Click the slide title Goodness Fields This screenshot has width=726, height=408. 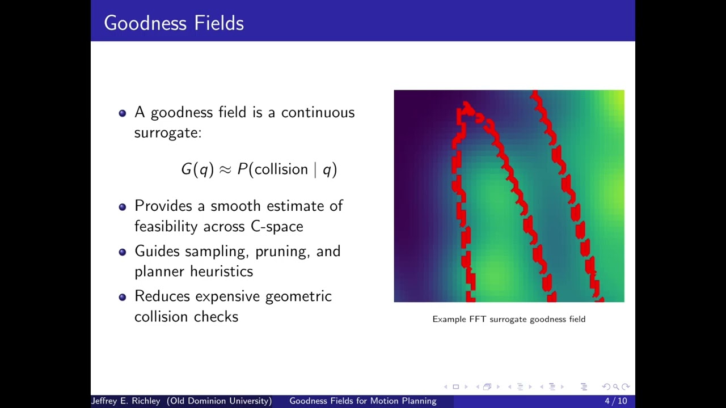(x=174, y=23)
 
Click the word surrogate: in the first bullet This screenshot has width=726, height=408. (x=168, y=133)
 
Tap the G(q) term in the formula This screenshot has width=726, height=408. (x=197, y=169)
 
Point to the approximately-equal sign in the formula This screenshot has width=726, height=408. (x=225, y=169)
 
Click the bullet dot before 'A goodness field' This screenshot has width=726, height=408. (x=123, y=113)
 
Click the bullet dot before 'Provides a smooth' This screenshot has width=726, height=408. (x=123, y=207)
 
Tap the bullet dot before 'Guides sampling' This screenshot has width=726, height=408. (x=123, y=252)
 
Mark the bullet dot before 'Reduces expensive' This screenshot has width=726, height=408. (x=123, y=297)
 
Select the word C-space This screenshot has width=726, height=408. (x=277, y=227)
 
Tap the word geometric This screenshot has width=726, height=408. (x=298, y=297)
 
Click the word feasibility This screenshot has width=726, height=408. (x=166, y=227)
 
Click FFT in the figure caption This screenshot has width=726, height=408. (x=478, y=319)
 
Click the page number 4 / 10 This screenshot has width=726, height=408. (x=615, y=401)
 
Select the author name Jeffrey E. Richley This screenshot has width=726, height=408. (x=126, y=401)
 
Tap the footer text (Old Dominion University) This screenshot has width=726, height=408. (x=219, y=401)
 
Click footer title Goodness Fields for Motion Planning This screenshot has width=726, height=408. (x=363, y=401)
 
